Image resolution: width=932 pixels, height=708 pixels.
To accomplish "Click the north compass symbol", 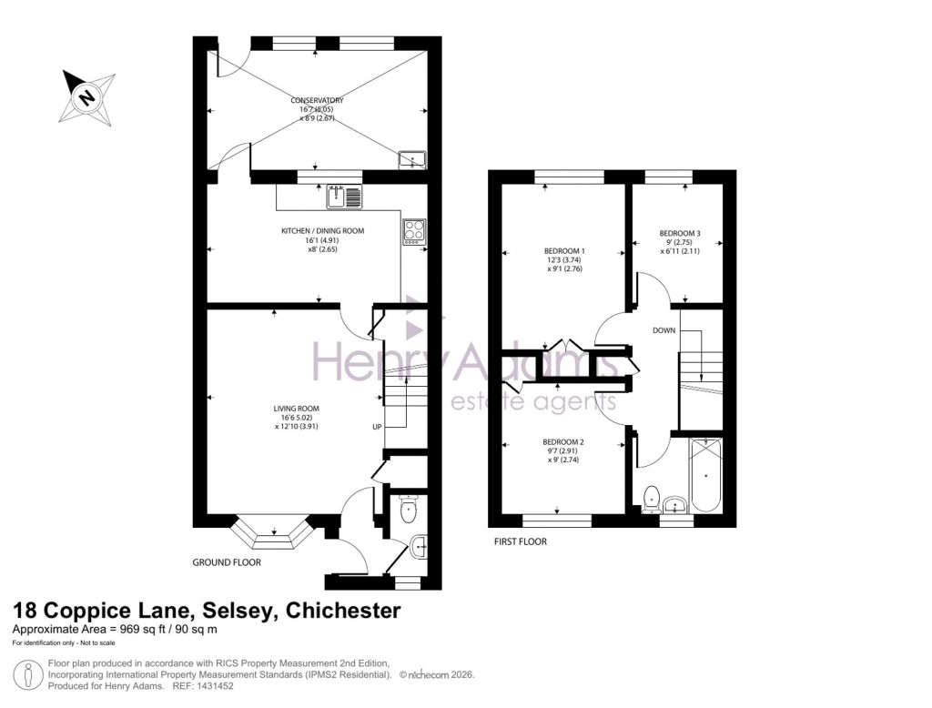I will coord(86,96).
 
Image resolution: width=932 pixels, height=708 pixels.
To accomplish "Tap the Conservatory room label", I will coord(318,100).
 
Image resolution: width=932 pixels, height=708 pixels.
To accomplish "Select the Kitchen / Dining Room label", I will coord(322,231).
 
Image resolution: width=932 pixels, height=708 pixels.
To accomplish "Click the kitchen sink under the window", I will coord(344,196).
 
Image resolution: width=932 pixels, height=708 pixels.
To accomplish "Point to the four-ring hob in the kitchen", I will coord(412,231).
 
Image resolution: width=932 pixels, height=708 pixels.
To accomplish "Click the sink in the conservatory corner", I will coord(412,160).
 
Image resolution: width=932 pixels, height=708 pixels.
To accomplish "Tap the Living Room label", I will coord(298,409).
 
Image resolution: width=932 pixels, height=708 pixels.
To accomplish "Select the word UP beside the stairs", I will coord(376,427).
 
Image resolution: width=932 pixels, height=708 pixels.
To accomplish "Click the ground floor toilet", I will coord(407,508).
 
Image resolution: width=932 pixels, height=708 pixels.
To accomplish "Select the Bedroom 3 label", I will coord(680,233).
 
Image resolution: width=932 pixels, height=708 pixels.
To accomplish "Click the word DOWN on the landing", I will coord(664,330).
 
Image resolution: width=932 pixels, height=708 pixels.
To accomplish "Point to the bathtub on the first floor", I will coord(706,476).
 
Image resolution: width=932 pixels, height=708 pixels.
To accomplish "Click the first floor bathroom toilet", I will coord(652,498).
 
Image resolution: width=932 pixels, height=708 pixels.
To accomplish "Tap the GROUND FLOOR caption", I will coord(227,562).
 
